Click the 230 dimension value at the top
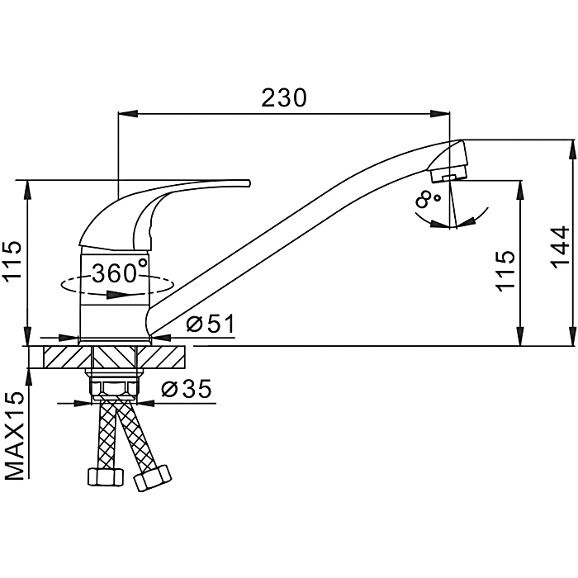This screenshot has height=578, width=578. click(284, 97)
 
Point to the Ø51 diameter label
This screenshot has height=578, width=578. click(211, 324)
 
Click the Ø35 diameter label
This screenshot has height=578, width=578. click(187, 388)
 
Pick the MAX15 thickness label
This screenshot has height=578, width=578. click(15, 436)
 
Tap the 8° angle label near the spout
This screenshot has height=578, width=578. click(428, 199)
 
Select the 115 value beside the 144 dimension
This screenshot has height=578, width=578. click(505, 271)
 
